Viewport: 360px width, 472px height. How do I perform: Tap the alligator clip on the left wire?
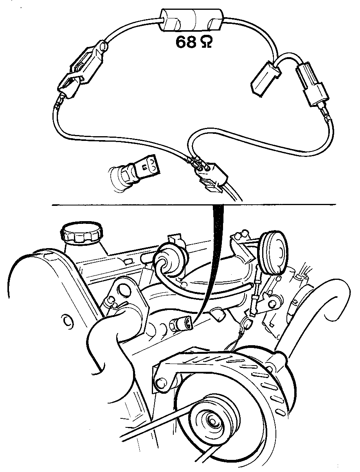[x=82, y=70]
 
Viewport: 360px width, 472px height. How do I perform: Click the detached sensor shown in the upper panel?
[x=134, y=173]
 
